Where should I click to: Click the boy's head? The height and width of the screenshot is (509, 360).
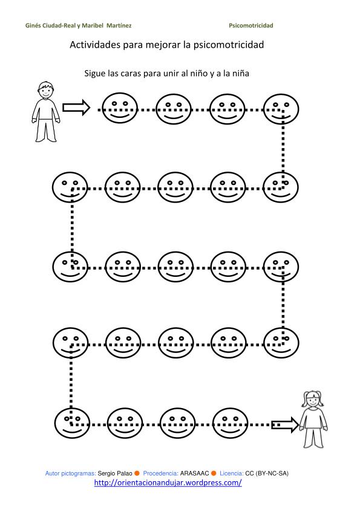(x=45, y=89)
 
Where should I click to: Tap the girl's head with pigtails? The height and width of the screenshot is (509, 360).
(x=313, y=400)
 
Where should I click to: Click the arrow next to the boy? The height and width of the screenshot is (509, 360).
(x=76, y=107)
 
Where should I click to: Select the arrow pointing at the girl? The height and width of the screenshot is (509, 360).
(x=285, y=424)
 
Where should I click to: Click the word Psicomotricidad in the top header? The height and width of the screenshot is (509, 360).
(x=251, y=25)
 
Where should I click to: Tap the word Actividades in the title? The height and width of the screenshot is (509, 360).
(x=95, y=45)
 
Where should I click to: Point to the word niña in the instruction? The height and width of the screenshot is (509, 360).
(x=240, y=73)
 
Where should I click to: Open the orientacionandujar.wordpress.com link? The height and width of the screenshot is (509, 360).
(x=168, y=483)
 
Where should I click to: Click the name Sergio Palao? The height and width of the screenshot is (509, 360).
(x=115, y=473)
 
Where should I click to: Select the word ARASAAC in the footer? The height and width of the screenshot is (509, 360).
(x=194, y=473)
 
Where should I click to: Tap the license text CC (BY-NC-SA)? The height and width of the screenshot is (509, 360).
(x=267, y=473)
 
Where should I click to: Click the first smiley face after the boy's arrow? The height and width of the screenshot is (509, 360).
(x=120, y=108)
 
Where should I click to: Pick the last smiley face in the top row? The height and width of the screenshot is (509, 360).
(x=281, y=109)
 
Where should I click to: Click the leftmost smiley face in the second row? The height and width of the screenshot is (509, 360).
(x=70, y=187)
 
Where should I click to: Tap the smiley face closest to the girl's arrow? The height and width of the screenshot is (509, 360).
(x=230, y=423)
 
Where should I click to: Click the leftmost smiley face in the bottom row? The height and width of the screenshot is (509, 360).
(x=72, y=423)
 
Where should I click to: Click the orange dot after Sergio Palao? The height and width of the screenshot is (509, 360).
(x=137, y=473)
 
